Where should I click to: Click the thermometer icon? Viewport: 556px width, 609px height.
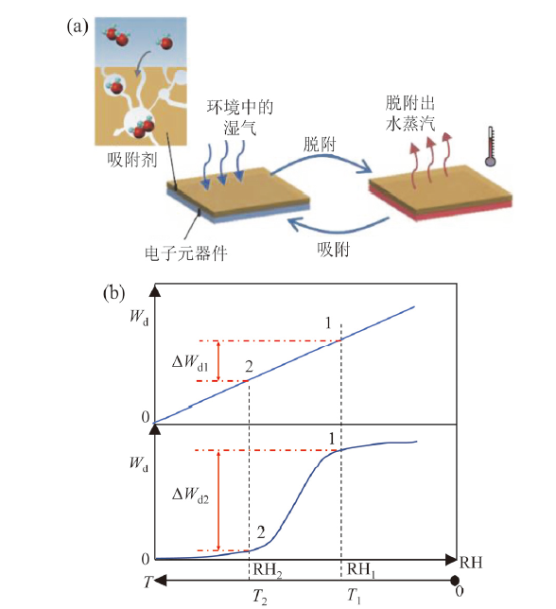pyautogui.click(x=491, y=147)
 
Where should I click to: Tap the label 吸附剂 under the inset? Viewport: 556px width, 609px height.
pyautogui.click(x=132, y=159)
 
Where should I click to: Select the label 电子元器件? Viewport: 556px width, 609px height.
pyautogui.click(x=186, y=253)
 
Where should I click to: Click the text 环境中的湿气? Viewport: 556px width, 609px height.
pyautogui.click(x=240, y=117)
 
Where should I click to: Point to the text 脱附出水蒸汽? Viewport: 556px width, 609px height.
pyautogui.click(x=410, y=113)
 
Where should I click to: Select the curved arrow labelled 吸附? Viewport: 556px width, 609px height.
pyautogui.click(x=337, y=229)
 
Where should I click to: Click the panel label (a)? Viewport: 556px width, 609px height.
pyautogui.click(x=78, y=26)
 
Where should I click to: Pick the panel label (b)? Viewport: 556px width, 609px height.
pyautogui.click(x=113, y=293)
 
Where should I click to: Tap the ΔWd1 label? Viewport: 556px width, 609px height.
pyautogui.click(x=190, y=362)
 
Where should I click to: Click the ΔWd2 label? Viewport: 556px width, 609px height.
pyautogui.click(x=190, y=495)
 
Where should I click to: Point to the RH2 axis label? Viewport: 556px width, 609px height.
pyautogui.click(x=268, y=570)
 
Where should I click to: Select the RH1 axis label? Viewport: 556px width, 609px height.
pyautogui.click(x=361, y=570)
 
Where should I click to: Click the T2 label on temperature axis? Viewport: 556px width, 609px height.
pyautogui.click(x=260, y=597)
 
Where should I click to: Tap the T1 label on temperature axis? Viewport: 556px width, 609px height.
pyautogui.click(x=354, y=596)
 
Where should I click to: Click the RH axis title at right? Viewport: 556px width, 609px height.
pyautogui.click(x=471, y=562)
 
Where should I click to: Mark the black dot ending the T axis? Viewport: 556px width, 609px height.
pyautogui.click(x=454, y=581)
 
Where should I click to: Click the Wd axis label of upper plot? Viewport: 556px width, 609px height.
pyautogui.click(x=139, y=317)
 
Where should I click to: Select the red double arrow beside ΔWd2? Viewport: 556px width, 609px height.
pyautogui.click(x=218, y=500)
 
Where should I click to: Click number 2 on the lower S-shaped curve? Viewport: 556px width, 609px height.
pyautogui.click(x=261, y=532)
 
